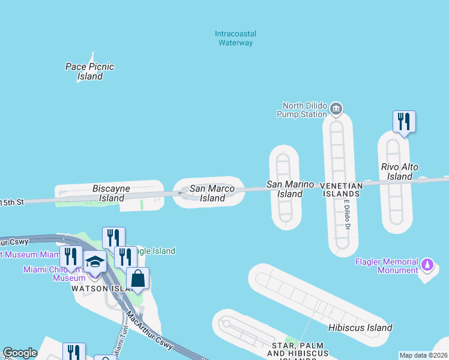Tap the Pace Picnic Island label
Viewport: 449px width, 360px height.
click(x=90, y=71)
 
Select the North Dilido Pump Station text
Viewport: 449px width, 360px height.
click(x=301, y=109)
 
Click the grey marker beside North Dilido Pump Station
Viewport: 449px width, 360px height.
click(x=336, y=109)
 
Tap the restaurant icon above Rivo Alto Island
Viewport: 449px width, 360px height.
click(x=404, y=122)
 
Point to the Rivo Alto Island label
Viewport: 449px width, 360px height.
click(x=400, y=172)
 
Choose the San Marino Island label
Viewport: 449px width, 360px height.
click(x=291, y=189)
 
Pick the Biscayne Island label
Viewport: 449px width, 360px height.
click(x=112, y=193)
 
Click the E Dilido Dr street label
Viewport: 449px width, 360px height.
click(x=346, y=215)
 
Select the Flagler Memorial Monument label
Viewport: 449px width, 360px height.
click(x=387, y=266)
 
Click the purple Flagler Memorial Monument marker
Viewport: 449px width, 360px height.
click(x=427, y=264)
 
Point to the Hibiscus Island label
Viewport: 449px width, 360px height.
click(x=360, y=328)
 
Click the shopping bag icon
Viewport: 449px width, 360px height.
click(x=137, y=278)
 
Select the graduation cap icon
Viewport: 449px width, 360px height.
click(x=95, y=262)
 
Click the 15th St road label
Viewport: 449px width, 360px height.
click(x=12, y=202)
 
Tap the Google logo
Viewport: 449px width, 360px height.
click(x=20, y=353)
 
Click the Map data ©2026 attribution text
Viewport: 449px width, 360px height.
click(x=424, y=355)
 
